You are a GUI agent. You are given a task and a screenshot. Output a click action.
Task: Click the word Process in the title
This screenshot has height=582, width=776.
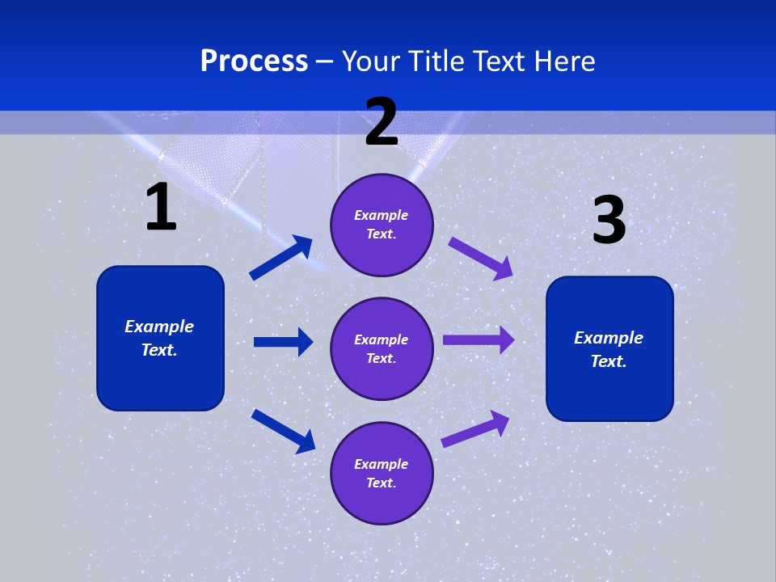click(x=254, y=61)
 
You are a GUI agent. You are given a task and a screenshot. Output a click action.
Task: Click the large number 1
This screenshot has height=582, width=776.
click(x=161, y=207)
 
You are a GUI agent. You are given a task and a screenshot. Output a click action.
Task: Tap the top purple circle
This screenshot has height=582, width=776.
click(x=382, y=225)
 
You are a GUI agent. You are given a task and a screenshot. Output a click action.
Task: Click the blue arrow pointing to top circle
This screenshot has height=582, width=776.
click(x=280, y=258)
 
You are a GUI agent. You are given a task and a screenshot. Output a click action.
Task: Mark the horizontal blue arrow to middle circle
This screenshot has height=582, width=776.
click(x=283, y=342)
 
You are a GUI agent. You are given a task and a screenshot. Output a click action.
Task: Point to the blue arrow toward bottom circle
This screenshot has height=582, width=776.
click(x=283, y=430)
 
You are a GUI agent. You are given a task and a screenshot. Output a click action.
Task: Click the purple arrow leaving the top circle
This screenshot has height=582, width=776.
click(x=480, y=258)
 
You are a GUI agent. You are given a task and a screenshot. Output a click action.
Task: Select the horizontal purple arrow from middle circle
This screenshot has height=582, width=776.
click(x=478, y=340)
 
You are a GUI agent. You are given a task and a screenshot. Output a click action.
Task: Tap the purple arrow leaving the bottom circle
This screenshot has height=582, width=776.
click(x=475, y=429)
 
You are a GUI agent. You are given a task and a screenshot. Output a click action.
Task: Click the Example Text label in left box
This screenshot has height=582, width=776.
click(x=159, y=338)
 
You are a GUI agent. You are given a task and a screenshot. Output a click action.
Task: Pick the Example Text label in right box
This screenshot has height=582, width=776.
click(x=609, y=349)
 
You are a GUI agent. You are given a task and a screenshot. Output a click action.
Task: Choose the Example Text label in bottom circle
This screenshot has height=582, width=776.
click(x=381, y=473)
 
